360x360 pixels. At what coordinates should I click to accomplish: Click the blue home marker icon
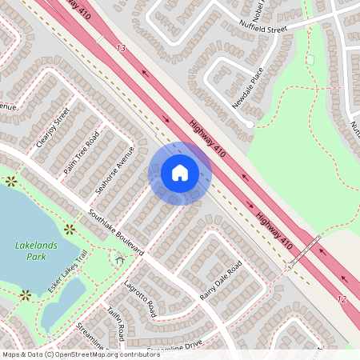tap(179, 173)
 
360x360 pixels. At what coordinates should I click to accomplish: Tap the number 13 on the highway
tap(121, 49)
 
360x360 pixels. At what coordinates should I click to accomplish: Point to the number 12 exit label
tap(342, 298)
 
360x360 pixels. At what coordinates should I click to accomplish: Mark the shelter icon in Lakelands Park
tap(120, 258)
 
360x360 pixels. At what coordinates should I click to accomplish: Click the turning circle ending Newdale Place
tap(250, 125)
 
